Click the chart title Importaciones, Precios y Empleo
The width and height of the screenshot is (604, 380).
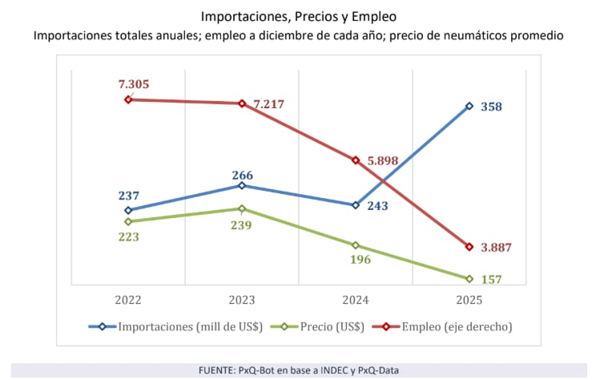(299, 15)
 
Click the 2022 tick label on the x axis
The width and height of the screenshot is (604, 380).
(128, 300)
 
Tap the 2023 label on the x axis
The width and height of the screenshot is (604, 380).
(242, 300)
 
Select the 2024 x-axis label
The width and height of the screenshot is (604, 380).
(356, 300)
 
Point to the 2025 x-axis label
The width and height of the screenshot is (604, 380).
(469, 300)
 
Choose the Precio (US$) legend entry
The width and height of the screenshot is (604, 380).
(321, 326)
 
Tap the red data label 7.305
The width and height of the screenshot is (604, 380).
(134, 84)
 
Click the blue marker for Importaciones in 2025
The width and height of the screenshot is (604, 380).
(469, 106)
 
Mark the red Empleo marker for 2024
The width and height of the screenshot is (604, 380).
(356, 160)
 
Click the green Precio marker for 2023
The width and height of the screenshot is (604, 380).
(242, 208)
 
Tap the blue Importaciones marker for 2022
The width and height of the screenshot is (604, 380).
(128, 210)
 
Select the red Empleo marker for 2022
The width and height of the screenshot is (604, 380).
(128, 99)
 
